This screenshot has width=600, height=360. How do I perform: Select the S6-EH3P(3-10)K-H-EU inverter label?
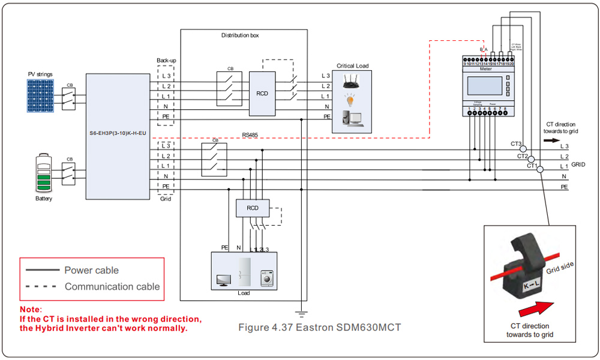pos(117,132)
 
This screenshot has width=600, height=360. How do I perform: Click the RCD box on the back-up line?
pos(262,94)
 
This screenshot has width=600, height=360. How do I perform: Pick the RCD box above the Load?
pos(253,208)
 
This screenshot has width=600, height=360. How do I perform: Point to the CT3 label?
pos(515,144)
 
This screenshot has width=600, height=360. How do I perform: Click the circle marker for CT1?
pos(540,170)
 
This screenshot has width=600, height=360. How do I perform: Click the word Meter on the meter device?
pos(486,69)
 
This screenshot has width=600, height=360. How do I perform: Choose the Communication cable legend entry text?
pos(112,287)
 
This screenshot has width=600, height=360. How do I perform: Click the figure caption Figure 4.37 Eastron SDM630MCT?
pos(319,328)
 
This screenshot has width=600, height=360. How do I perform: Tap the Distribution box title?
pos(240,35)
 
